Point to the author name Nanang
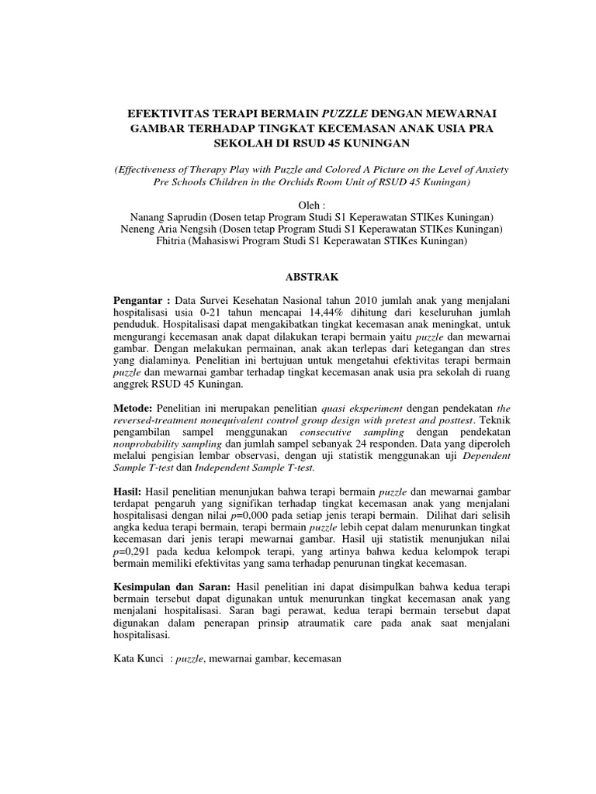click(x=147, y=217)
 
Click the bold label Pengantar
click(x=140, y=299)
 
